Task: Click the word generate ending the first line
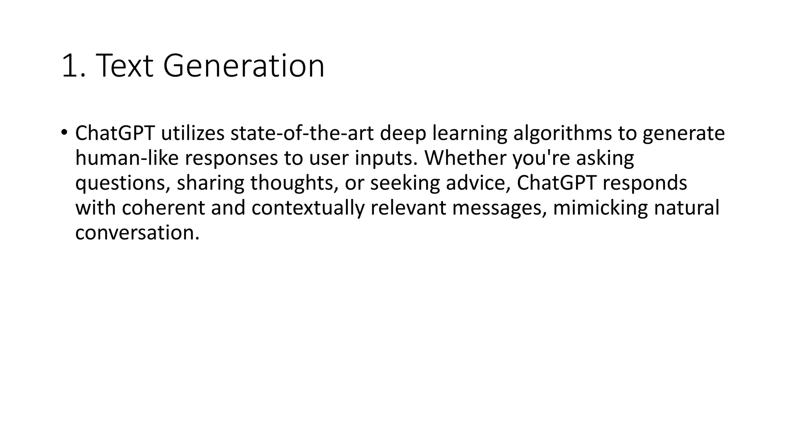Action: coord(684,133)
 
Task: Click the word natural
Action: coord(687,208)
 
